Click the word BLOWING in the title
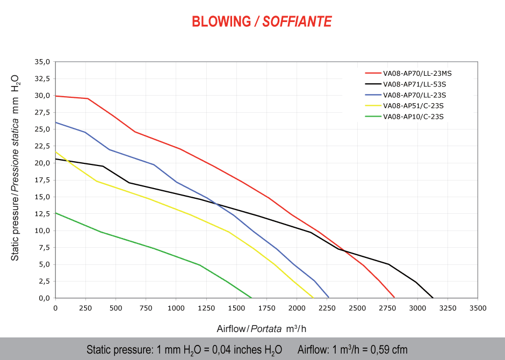(221, 21)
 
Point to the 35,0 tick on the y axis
(42, 62)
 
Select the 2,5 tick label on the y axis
(44, 281)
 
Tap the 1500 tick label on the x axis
(236, 308)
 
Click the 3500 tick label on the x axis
(478, 308)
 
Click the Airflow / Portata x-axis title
(262, 328)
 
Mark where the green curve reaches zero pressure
(251, 298)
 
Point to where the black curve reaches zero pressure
(433, 298)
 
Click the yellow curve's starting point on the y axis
(55, 152)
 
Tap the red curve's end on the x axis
(394, 298)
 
